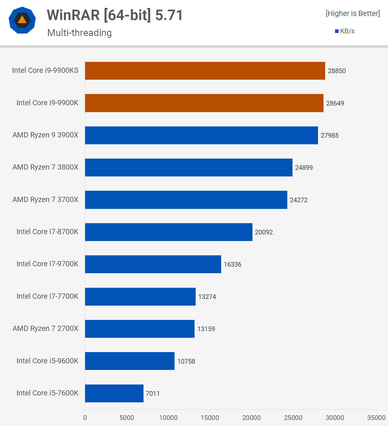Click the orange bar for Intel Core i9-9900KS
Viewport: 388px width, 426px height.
[205, 71]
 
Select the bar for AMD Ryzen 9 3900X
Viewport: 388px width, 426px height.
[201, 135]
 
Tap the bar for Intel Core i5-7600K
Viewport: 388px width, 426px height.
[114, 393]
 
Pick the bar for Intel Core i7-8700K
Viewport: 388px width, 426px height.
[168, 232]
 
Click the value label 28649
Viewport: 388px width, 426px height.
[335, 103]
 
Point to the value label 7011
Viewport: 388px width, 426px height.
[153, 394]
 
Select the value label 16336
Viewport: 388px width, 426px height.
[232, 264]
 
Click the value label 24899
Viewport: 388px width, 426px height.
[304, 168]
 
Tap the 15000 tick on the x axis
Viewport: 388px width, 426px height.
[210, 418]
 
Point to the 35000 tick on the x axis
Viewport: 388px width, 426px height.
[376, 418]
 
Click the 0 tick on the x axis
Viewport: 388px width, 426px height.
[85, 418]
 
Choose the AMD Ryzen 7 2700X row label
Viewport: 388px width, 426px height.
[46, 328]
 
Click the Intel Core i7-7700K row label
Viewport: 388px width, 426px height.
[47, 296]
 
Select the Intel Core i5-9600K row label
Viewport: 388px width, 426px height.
[47, 361]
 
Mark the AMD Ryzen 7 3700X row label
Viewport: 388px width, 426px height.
[46, 200]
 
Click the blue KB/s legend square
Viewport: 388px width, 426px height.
[337, 31]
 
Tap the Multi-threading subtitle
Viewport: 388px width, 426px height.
[80, 33]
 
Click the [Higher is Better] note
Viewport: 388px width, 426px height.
[353, 13]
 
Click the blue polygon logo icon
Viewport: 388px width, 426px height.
[22, 20]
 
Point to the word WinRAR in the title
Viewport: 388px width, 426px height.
[73, 15]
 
